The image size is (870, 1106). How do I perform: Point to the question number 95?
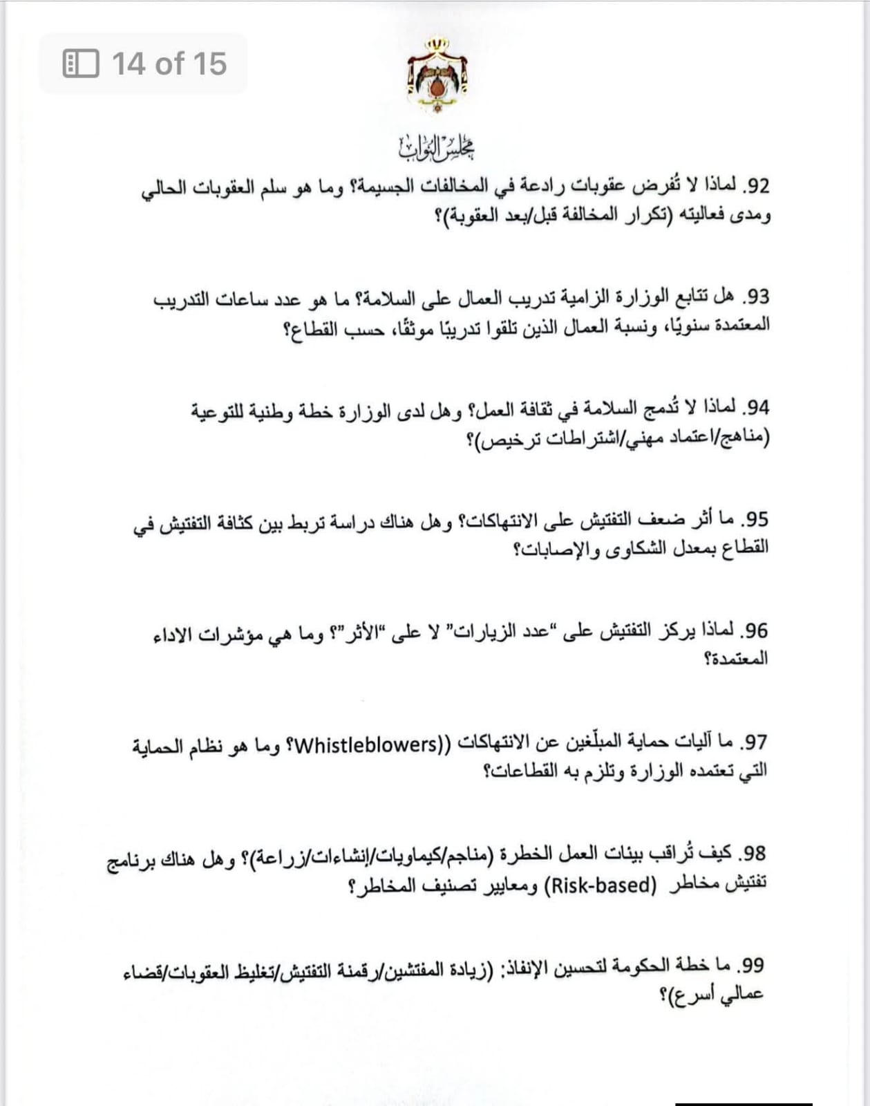pyautogui.click(x=756, y=519)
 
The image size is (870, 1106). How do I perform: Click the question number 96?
pyautogui.click(x=755, y=630)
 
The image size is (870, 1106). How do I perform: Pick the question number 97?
pyautogui.click(x=755, y=742)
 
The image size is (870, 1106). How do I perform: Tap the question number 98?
pyautogui.click(x=754, y=854)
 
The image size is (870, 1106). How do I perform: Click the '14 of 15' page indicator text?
pyautogui.click(x=169, y=64)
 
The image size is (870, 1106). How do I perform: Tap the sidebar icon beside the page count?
pyautogui.click(x=81, y=64)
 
